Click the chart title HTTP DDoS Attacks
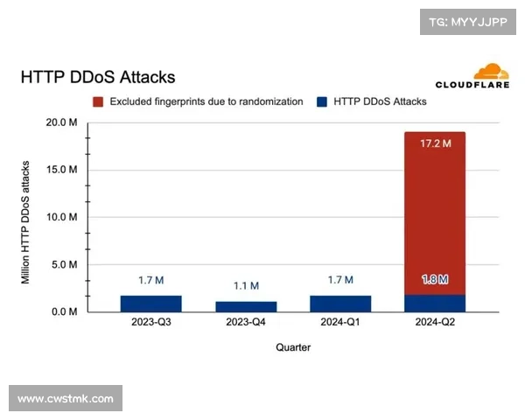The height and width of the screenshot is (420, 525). coord(97,78)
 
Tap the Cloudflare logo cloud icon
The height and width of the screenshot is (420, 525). coord(491,72)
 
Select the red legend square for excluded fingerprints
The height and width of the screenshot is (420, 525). coord(99,101)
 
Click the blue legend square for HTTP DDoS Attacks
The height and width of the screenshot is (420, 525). coord(321,101)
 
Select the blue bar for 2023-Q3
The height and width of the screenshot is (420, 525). coord(150,304)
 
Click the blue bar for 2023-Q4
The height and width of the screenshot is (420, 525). coord(246,306)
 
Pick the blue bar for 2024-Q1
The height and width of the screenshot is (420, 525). coord(340,304)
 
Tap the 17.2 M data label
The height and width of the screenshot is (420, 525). coord(435,143)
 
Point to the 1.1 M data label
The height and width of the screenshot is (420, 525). coord(246,286)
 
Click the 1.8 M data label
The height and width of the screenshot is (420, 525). coord(435,280)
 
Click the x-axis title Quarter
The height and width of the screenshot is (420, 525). coord(292,347)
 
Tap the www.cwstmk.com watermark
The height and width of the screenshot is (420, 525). coord(66,399)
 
